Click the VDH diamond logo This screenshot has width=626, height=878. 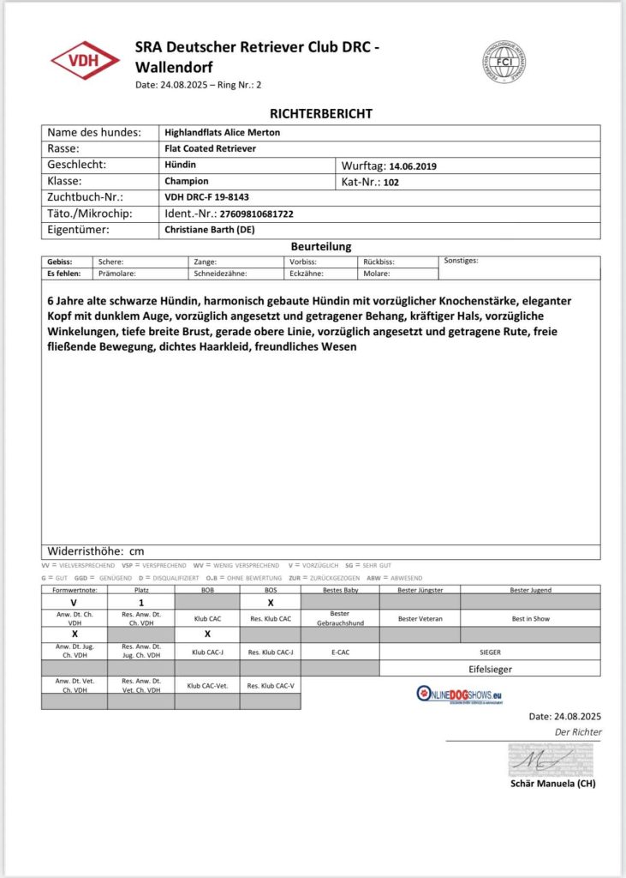(x=85, y=62)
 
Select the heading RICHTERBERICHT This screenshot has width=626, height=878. (x=321, y=113)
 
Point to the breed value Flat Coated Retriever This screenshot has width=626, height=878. (x=210, y=148)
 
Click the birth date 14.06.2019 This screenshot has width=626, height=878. (x=413, y=165)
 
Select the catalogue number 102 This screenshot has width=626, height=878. (x=392, y=182)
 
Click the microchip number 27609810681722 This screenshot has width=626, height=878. (x=256, y=213)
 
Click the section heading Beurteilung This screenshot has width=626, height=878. (x=321, y=246)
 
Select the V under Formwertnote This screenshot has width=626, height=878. (x=74, y=603)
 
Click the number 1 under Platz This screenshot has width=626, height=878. (x=140, y=603)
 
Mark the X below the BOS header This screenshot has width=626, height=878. (x=271, y=603)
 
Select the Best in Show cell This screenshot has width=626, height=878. (x=530, y=618)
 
